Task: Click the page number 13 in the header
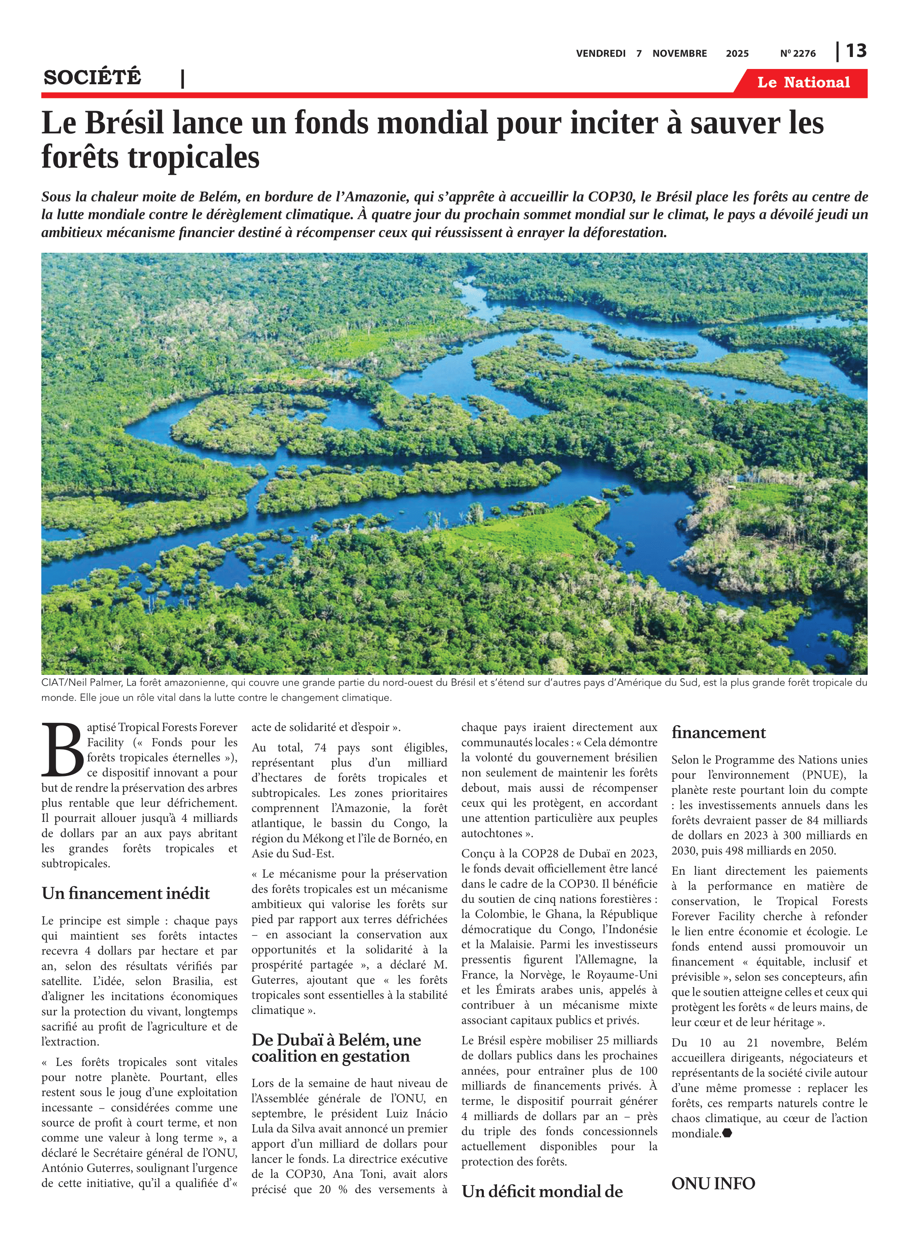pyautogui.click(x=856, y=51)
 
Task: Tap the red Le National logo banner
pyautogui.click(x=803, y=83)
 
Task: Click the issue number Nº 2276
pyautogui.click(x=798, y=54)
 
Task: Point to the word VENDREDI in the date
pyautogui.click(x=601, y=54)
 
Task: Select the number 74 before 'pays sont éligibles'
pyautogui.click(x=320, y=748)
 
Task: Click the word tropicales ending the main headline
pyautogui.click(x=194, y=158)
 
